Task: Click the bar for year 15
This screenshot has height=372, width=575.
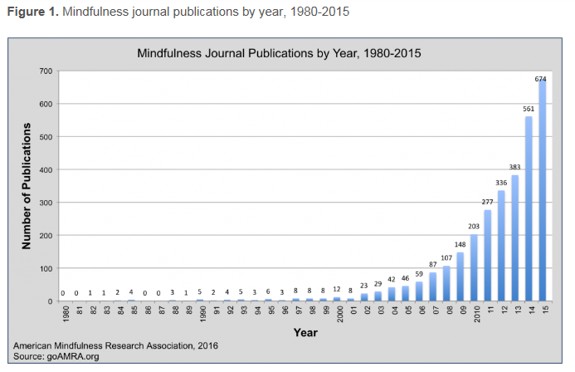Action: click(x=542, y=191)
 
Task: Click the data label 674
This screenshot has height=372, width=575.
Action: click(x=541, y=79)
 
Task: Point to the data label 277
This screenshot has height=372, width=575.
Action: click(x=487, y=203)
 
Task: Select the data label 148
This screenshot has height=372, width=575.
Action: click(x=460, y=245)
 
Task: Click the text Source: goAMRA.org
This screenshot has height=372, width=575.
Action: click(x=56, y=355)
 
